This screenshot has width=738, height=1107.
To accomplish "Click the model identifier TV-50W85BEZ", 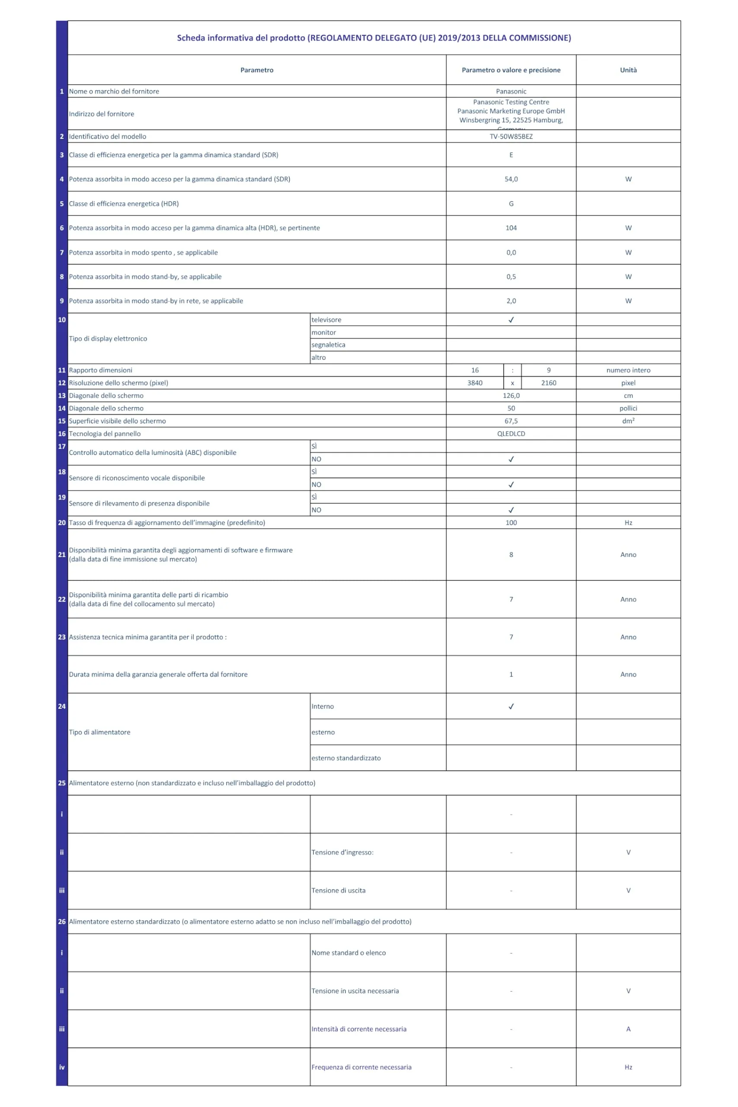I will pyautogui.click(x=511, y=137).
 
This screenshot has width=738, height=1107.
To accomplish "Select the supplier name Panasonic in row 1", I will pyautogui.click(x=511, y=91).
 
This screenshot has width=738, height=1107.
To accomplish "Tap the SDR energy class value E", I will pyautogui.click(x=511, y=155).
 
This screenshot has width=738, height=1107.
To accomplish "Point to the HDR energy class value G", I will pyautogui.click(x=511, y=204).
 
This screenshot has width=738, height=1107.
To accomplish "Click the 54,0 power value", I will pyautogui.click(x=511, y=179).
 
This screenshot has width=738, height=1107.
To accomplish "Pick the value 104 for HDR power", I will pyautogui.click(x=511, y=228).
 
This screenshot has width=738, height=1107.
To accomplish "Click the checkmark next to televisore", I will pyautogui.click(x=511, y=320).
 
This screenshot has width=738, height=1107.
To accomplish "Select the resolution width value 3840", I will pyautogui.click(x=474, y=383).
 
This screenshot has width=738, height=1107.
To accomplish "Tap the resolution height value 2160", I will pyautogui.click(x=548, y=383).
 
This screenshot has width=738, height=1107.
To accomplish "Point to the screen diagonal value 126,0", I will pyautogui.click(x=511, y=396).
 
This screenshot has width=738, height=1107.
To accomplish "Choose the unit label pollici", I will pyautogui.click(x=628, y=409).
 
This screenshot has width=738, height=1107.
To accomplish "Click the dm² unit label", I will pyautogui.click(x=628, y=421).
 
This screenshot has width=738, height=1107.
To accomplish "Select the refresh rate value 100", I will pyautogui.click(x=511, y=523).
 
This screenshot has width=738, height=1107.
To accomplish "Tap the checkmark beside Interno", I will pyautogui.click(x=511, y=707).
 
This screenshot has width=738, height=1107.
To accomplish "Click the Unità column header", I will pyautogui.click(x=628, y=70).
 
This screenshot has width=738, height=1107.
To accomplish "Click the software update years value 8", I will pyautogui.click(x=511, y=555).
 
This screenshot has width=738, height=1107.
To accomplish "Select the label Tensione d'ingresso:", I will pyautogui.click(x=342, y=852).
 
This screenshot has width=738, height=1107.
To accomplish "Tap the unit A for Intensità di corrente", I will pyautogui.click(x=628, y=1029).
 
